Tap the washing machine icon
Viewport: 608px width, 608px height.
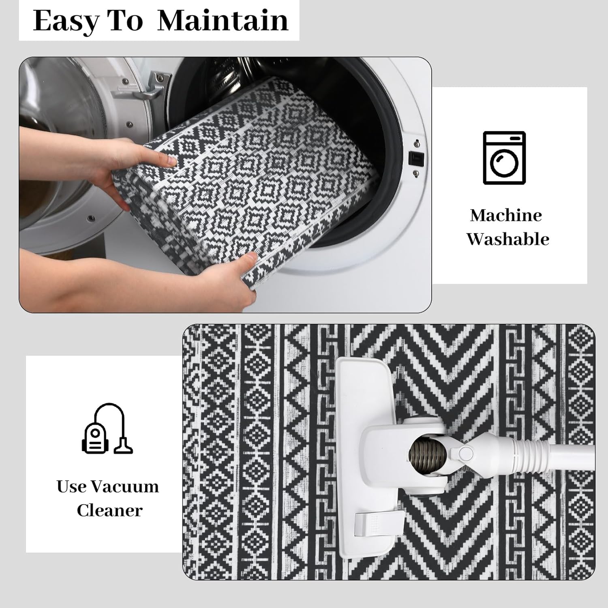(504, 158)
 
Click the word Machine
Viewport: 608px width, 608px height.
(506, 215)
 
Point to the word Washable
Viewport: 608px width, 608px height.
(507, 239)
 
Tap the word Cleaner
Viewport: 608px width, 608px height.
(109, 510)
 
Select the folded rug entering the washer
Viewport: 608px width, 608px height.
(259, 170)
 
